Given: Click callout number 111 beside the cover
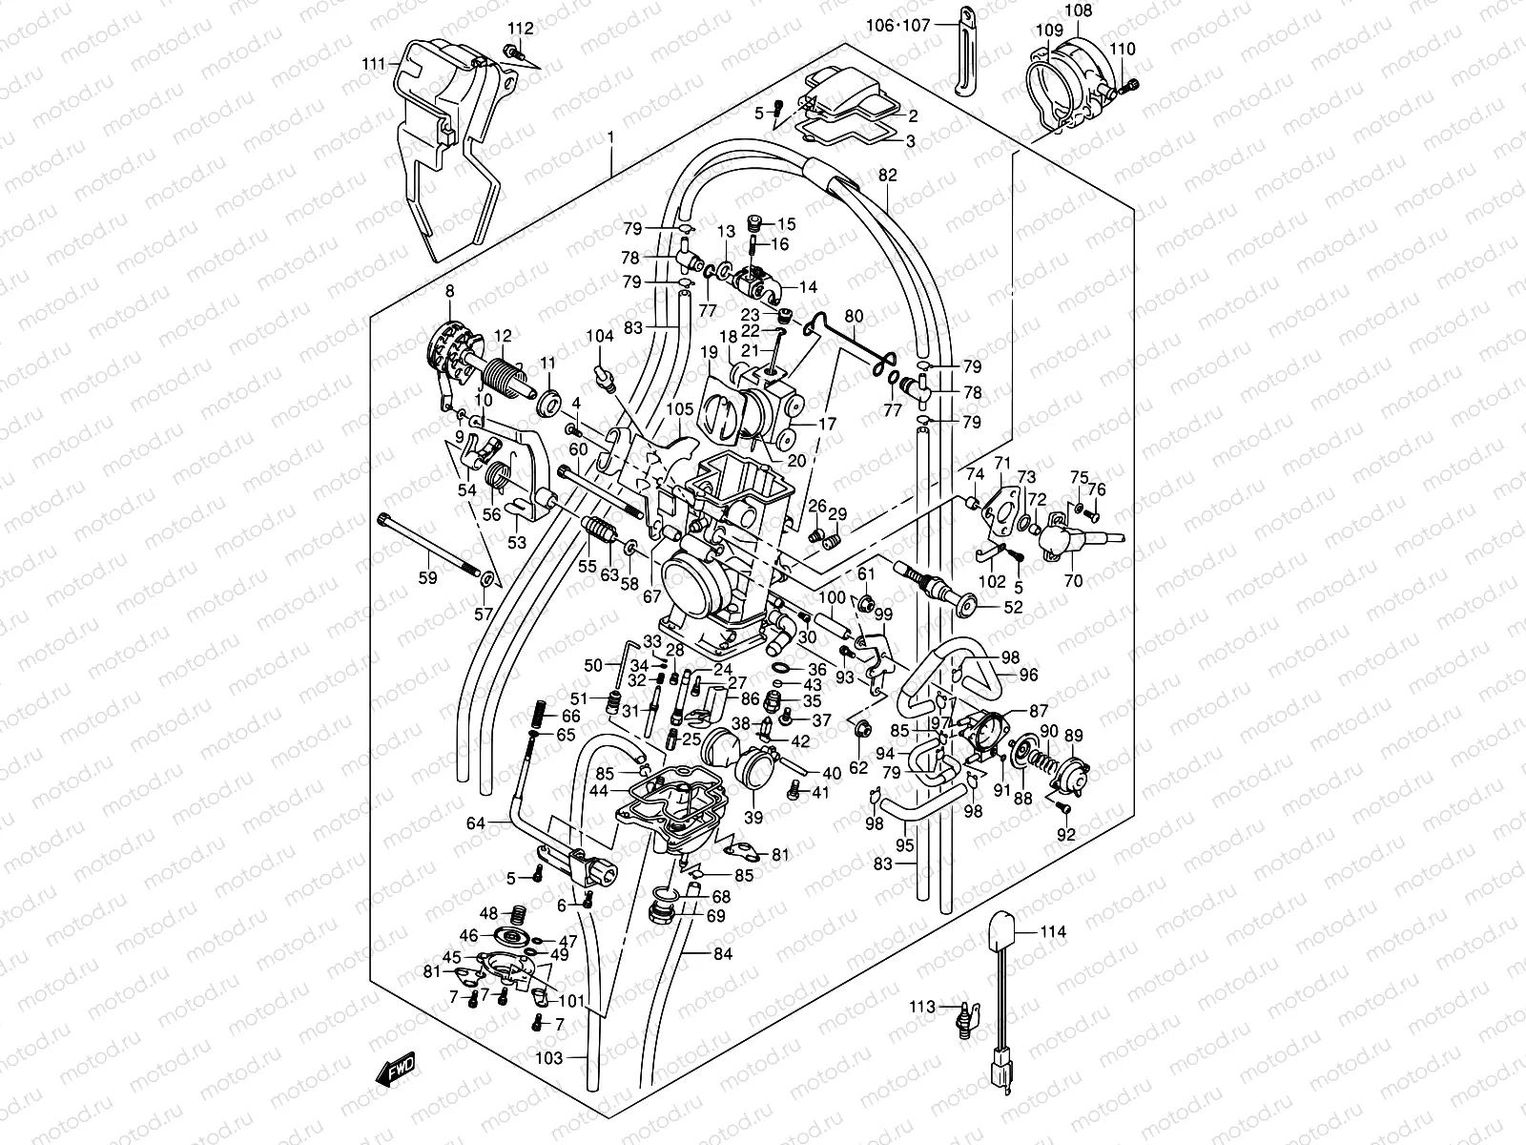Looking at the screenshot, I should (x=374, y=64).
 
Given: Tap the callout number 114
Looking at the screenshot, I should (x=1053, y=931).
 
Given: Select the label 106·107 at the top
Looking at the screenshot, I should (x=897, y=26).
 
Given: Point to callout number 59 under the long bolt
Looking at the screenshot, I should (x=427, y=577).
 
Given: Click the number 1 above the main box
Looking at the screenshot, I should (x=611, y=137).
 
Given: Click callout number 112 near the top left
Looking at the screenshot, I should (x=521, y=28).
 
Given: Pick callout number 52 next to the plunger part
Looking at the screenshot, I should (x=1013, y=606).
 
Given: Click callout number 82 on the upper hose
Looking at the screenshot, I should (x=888, y=176).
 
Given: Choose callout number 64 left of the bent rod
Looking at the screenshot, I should (x=476, y=822).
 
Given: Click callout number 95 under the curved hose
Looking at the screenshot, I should (x=905, y=844).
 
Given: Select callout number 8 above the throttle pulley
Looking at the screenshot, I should (x=449, y=290).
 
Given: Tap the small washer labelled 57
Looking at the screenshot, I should (x=487, y=578).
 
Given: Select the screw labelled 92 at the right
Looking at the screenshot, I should (x=1064, y=809).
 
